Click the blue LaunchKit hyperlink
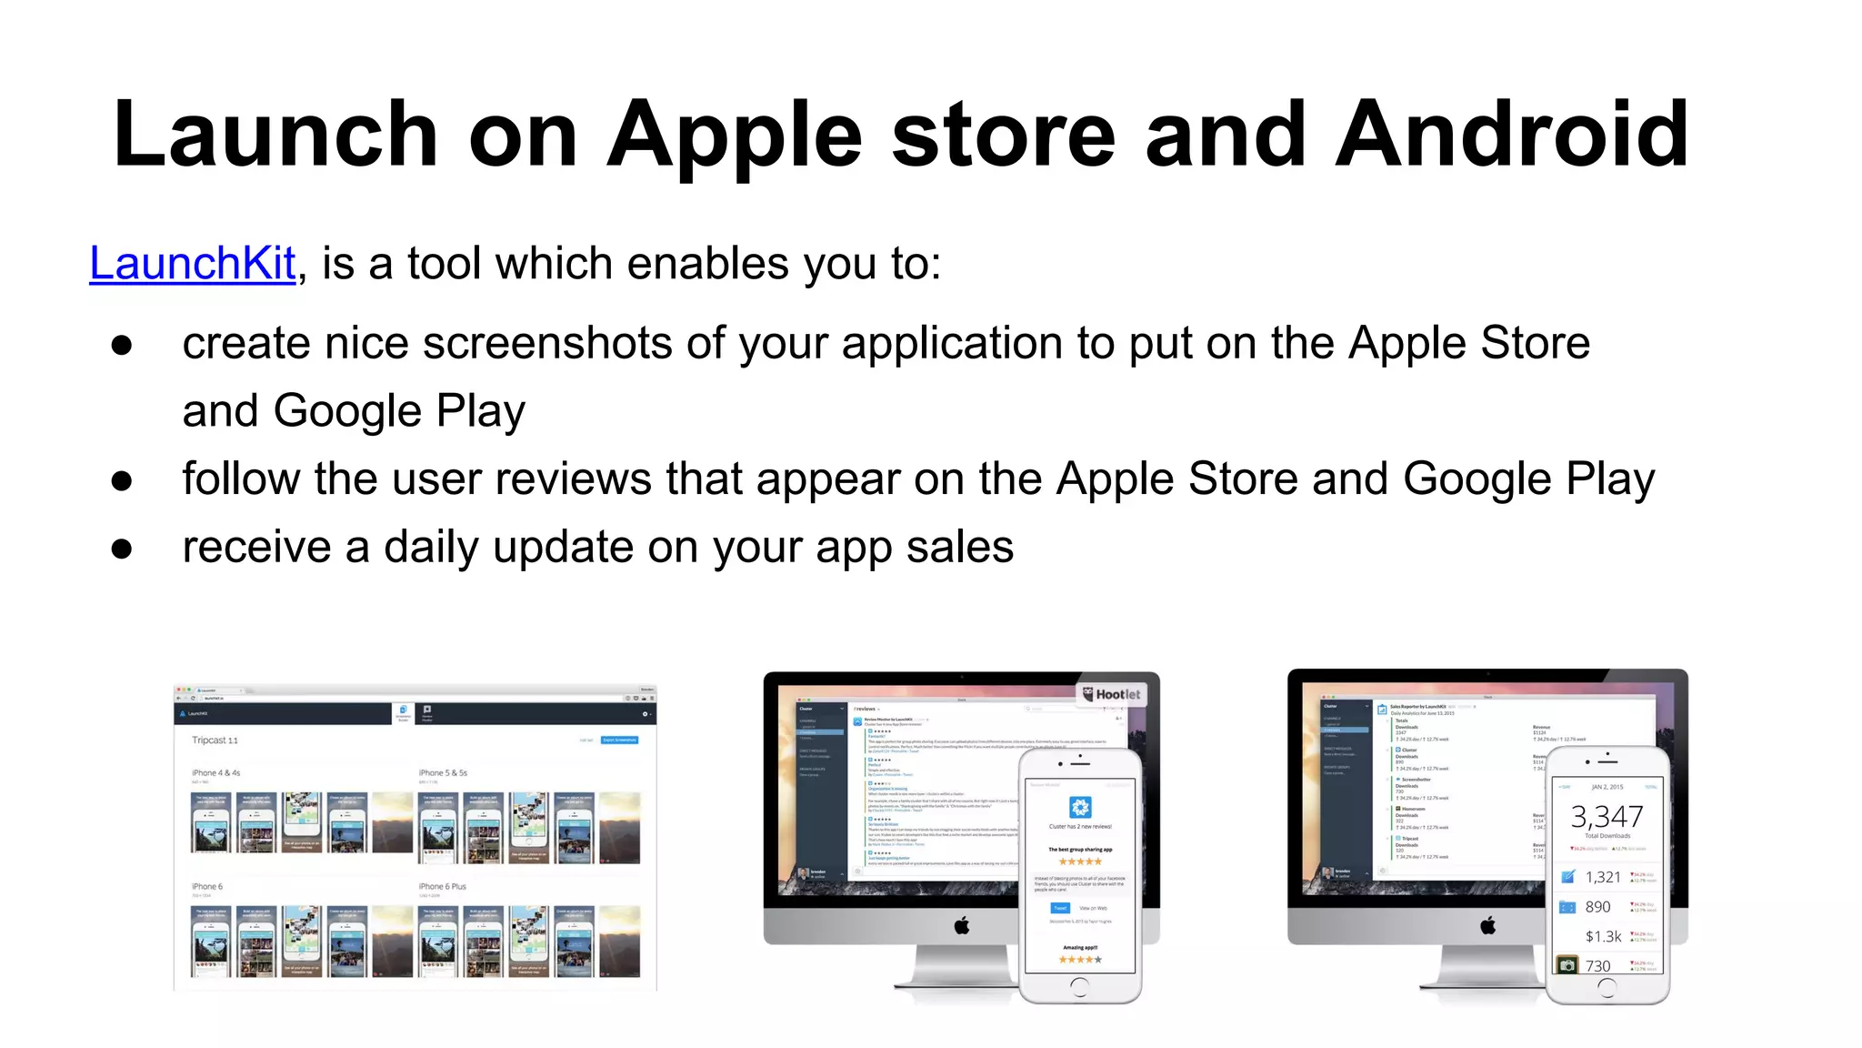click(x=193, y=264)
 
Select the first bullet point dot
click(x=122, y=345)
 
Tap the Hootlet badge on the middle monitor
click(x=1111, y=694)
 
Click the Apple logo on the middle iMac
click(x=962, y=926)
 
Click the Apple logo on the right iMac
click(x=1487, y=926)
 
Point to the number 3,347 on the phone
click(x=1607, y=816)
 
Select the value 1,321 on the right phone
click(x=1603, y=877)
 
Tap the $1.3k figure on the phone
click(x=1603, y=936)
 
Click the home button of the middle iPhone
click(x=1079, y=985)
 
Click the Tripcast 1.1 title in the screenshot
click(x=215, y=741)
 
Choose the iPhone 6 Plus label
click(x=442, y=886)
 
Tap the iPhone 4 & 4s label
click(x=215, y=772)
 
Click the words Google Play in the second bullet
click(x=1528, y=479)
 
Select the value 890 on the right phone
click(x=1597, y=907)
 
